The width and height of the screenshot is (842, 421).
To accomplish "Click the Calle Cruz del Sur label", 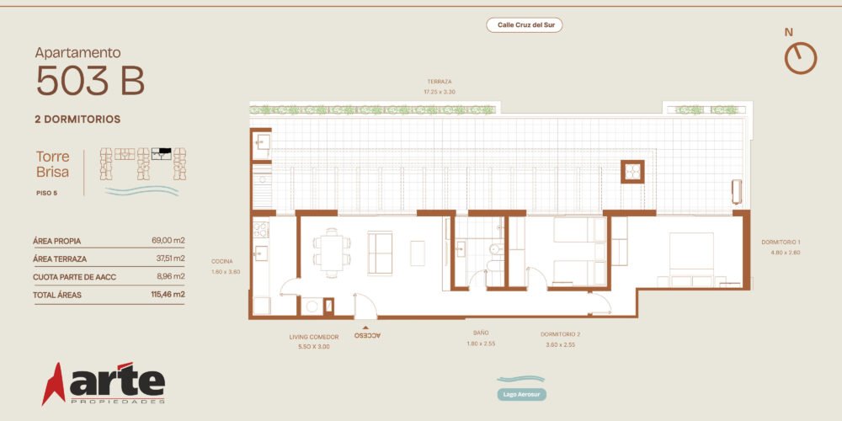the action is click(524, 24).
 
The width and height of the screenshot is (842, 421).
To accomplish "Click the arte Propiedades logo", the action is click(104, 383).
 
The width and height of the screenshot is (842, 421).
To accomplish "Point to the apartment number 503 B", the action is click(91, 81).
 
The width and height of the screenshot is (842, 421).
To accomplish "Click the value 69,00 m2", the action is click(168, 241).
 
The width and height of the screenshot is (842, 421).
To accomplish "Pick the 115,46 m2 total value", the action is click(168, 294).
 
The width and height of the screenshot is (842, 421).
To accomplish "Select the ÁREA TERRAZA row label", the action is click(60, 258).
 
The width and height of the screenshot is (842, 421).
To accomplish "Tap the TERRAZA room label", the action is click(440, 82).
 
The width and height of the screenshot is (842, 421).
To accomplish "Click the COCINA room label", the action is click(221, 262).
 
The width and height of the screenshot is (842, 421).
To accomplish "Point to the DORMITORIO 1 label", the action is click(781, 242).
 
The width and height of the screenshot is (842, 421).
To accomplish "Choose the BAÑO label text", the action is click(481, 333).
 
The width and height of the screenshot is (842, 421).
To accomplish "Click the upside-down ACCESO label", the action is click(367, 335).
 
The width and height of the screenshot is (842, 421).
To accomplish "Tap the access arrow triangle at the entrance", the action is click(365, 327).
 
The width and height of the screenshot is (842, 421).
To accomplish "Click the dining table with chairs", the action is click(332, 253).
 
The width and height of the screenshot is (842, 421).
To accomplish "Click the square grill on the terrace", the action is click(632, 171).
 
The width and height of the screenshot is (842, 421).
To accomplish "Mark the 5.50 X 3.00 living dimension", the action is click(313, 347).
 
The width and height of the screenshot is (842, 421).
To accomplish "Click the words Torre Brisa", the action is click(52, 164).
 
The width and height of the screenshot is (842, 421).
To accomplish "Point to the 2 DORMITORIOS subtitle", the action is click(77, 120).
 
